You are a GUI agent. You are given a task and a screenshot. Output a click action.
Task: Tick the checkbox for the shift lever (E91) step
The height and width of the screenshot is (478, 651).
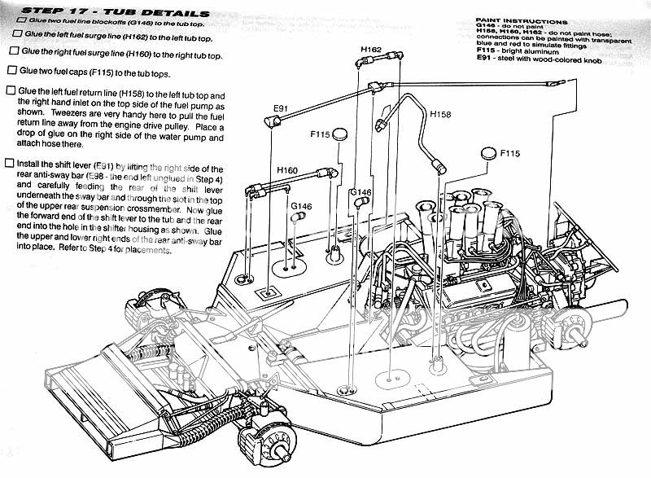click(9, 164)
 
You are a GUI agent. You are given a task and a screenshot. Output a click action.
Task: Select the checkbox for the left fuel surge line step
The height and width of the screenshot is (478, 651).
click(11, 37)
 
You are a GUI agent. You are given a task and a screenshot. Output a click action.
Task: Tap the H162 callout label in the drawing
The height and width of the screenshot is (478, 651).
click(370, 50)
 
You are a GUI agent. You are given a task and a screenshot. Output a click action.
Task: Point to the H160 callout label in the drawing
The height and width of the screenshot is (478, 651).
click(287, 169)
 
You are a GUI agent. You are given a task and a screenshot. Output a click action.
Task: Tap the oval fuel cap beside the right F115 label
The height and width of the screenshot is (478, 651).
click(488, 152)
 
